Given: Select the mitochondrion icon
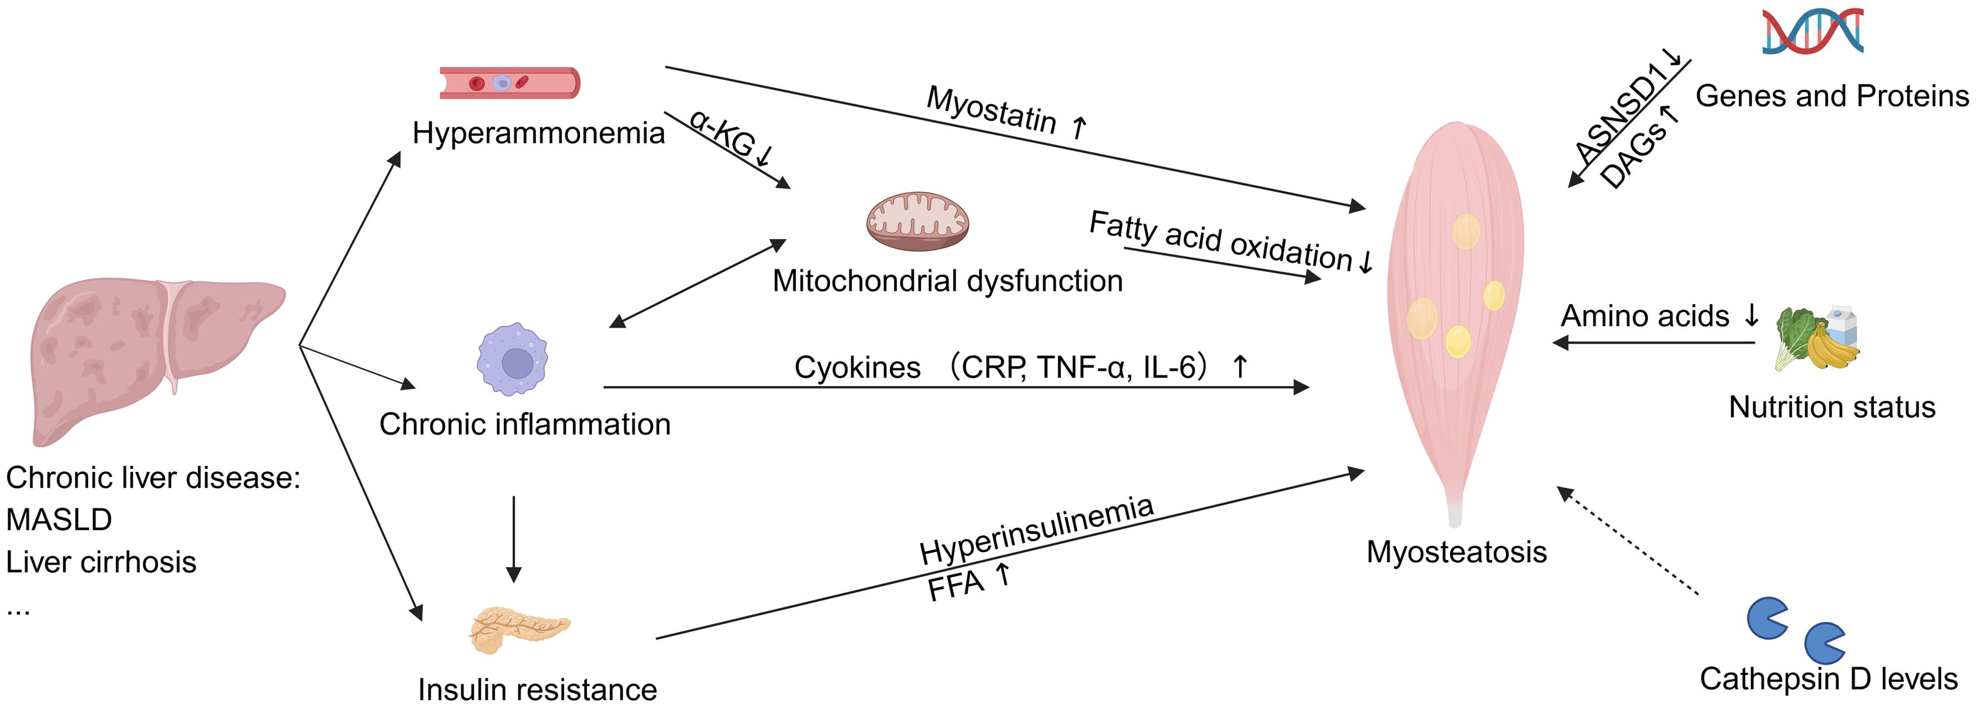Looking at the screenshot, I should (917, 221).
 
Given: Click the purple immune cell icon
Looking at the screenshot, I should (513, 359).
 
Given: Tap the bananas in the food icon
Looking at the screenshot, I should (1830, 349).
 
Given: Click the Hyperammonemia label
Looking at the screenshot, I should (538, 133).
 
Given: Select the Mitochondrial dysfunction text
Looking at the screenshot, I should (947, 281).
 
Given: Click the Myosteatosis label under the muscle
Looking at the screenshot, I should (1456, 552).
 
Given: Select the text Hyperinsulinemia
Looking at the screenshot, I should (1036, 529).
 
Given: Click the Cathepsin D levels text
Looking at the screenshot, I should (1828, 679).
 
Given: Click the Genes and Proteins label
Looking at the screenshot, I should (1831, 97).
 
